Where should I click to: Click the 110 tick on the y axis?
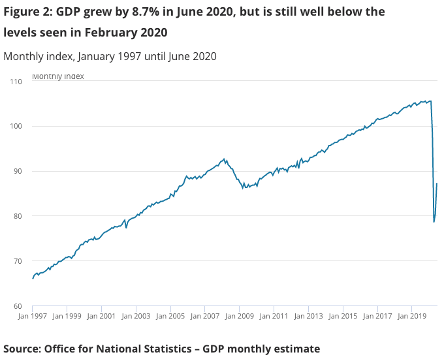(16, 82)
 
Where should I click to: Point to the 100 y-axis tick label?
(16, 127)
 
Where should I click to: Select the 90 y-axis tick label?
(17, 171)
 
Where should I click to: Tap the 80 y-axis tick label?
(17, 216)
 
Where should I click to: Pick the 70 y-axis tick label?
(17, 261)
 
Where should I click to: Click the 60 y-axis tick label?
(17, 306)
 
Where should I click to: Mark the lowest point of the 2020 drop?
(434, 222)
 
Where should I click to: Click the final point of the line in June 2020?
(437, 183)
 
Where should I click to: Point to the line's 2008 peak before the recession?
(224, 159)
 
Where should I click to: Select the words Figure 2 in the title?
(26, 12)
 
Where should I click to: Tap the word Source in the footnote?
(21, 349)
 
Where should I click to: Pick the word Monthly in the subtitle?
(24, 56)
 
